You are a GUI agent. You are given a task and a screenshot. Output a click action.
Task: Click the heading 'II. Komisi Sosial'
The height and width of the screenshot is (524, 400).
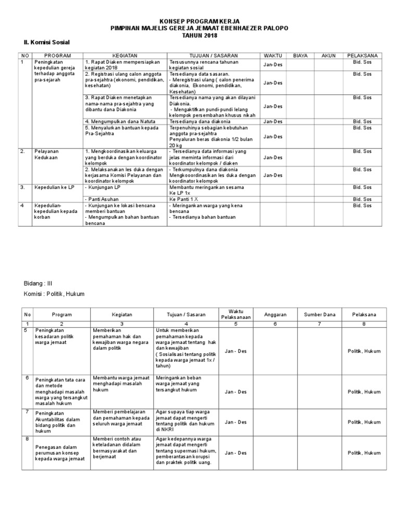pos(47,42)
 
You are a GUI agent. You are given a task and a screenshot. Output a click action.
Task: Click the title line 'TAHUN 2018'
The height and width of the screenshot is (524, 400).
pos(199,34)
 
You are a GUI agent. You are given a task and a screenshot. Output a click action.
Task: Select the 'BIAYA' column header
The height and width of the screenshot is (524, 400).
pos(301,55)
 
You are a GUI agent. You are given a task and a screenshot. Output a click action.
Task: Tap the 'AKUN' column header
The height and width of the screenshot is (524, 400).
pos(329,55)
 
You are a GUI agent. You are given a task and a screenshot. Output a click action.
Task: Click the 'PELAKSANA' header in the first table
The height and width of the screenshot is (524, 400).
pos(363,55)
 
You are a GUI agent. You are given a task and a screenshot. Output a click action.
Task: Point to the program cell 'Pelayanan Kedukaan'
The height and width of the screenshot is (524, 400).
pos(45,154)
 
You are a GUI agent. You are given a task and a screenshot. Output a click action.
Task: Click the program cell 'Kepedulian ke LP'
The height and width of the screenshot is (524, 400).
pos(54,187)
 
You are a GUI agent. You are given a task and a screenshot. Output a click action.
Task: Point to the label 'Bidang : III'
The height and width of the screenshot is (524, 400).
pos(39,284)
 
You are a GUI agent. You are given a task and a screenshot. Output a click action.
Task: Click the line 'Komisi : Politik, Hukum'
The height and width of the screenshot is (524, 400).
pos(54,295)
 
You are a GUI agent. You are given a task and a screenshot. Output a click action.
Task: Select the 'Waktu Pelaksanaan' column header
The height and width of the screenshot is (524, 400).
pos(236,314)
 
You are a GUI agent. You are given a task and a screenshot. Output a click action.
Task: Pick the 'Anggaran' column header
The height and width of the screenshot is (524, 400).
pos(276,315)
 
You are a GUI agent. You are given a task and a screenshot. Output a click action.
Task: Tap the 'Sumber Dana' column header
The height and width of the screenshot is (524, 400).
pos(319,315)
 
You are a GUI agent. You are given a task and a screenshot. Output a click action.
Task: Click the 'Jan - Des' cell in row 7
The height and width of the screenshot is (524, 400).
pos(236,422)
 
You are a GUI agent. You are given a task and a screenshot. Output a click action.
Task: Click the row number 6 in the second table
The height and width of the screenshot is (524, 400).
pos(26,378)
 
